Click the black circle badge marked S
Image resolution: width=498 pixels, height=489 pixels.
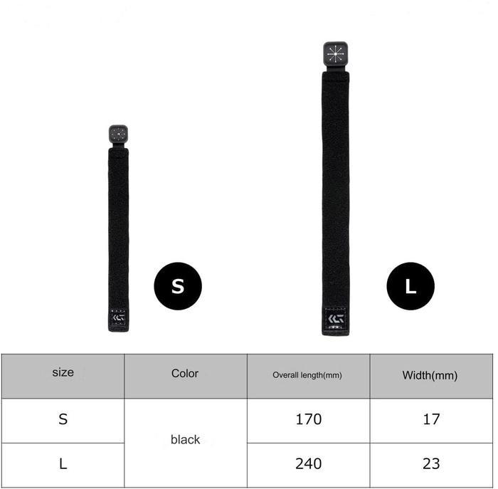click(x=178, y=286)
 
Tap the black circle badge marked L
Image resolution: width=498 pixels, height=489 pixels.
click(x=410, y=286)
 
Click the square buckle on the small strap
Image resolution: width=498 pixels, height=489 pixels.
click(x=119, y=134)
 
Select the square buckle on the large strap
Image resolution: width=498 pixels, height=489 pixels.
click(x=335, y=53)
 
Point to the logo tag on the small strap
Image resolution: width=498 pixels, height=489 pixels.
click(x=119, y=317)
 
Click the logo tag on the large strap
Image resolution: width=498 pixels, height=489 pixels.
click(x=336, y=319)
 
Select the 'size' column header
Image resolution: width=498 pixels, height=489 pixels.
click(x=63, y=372)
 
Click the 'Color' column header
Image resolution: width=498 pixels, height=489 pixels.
click(x=185, y=374)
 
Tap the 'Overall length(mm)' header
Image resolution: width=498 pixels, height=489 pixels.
click(x=307, y=375)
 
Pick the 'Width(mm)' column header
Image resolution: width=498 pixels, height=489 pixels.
click(x=430, y=376)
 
